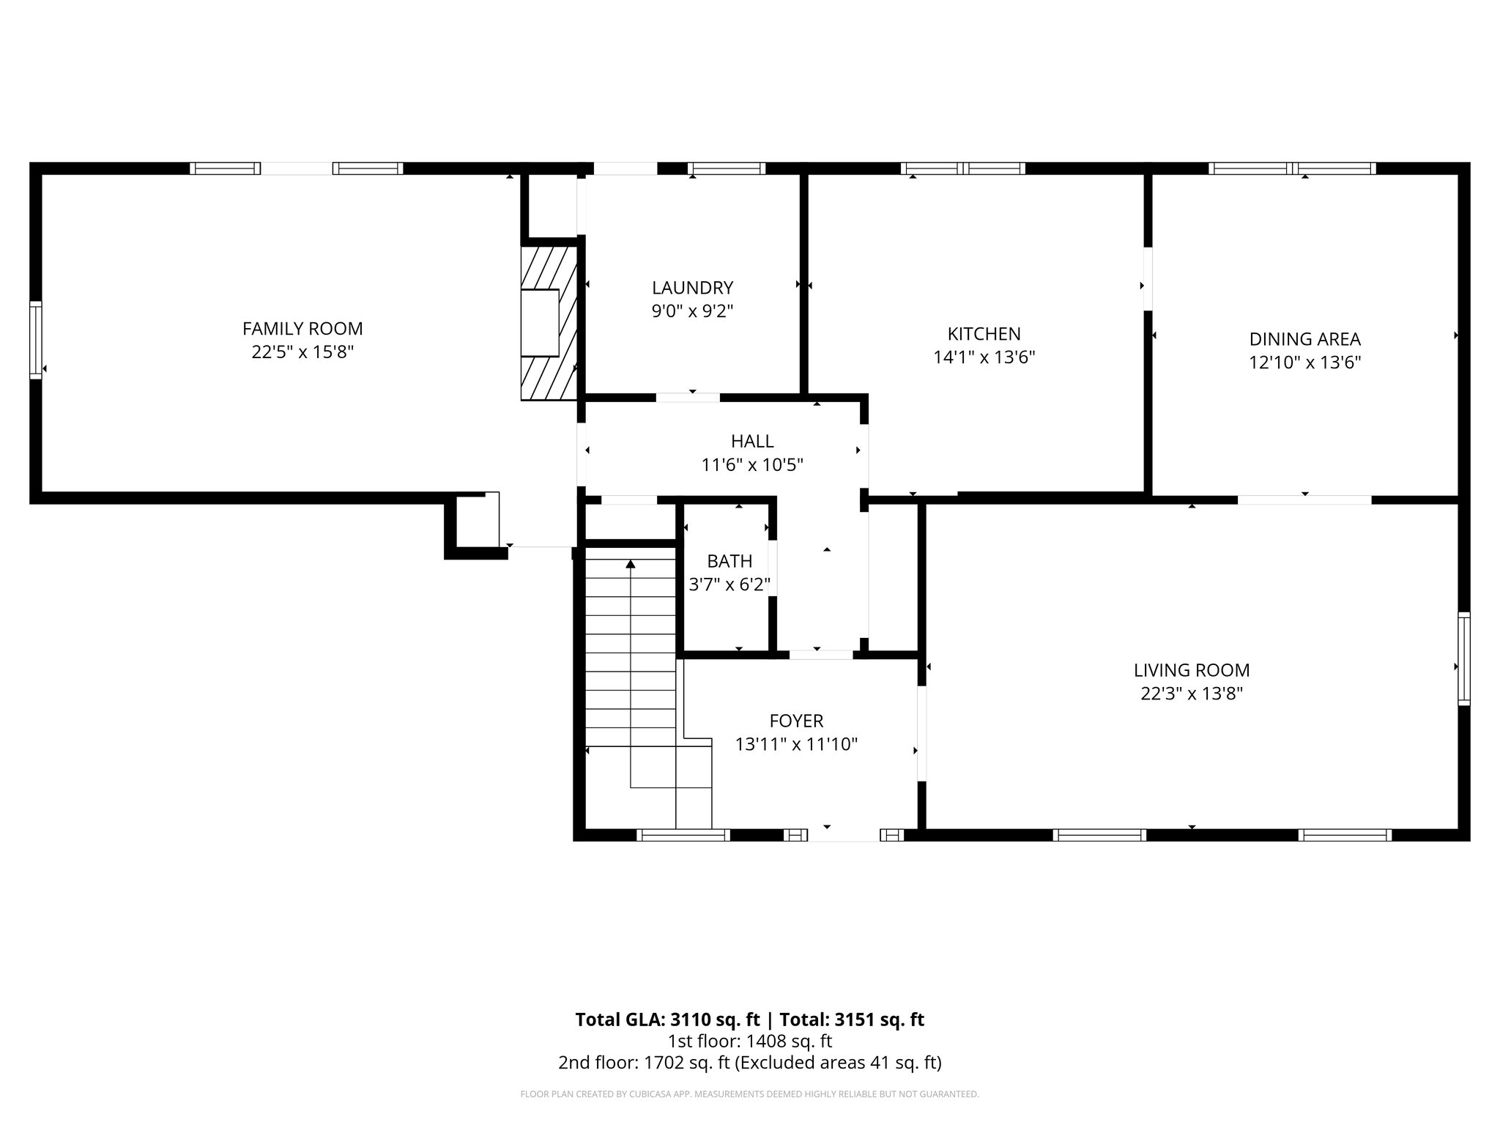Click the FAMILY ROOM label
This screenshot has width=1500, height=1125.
pos(302,329)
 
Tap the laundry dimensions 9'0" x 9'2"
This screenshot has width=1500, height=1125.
pos(692,311)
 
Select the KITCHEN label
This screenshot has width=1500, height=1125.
pos(984,334)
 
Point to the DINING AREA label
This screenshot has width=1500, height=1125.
pos(1304,339)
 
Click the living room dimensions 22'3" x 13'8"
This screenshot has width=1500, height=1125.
pos(1192,694)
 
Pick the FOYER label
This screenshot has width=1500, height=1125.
pos(796,721)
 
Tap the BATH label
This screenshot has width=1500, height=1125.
pos(729,561)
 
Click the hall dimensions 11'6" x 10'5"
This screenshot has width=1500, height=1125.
pos(752,465)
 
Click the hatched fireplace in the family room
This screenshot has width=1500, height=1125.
pos(549,322)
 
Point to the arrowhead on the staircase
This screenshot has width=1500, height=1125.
pos(631,563)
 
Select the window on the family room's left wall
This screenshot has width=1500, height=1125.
pos(35,340)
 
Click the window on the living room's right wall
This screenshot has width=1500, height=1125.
pos(1463,659)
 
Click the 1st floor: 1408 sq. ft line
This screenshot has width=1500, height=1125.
pos(749,1041)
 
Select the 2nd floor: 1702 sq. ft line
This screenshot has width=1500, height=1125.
pos(749,1062)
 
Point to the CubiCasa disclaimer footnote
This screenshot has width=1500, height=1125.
pos(749,1094)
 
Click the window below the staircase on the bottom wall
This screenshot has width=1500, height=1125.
pos(683,835)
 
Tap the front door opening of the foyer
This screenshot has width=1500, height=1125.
pos(844,835)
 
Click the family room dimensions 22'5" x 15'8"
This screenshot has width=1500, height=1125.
pos(302,352)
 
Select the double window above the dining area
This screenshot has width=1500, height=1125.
pos(1292,168)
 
